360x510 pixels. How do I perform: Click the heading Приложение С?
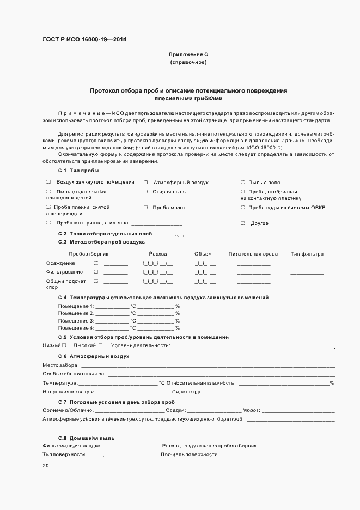188,55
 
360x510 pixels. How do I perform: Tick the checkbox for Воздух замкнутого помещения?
48,182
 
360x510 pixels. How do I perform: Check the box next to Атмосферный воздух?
145,182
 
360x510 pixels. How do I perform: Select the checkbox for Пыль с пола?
242,182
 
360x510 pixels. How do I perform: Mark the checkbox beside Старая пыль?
145,192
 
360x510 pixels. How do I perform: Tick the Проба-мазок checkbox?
145,208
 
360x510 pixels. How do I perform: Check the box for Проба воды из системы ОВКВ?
242,208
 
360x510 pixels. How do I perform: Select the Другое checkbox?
242,223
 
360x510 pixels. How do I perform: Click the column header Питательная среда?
253,254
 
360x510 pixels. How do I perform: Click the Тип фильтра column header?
307,254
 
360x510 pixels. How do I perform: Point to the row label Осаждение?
60,263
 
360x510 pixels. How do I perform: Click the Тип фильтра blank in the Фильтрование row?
307,273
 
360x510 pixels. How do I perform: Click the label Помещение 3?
76,321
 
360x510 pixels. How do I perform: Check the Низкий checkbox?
64,345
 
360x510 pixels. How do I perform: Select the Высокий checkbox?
100,345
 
